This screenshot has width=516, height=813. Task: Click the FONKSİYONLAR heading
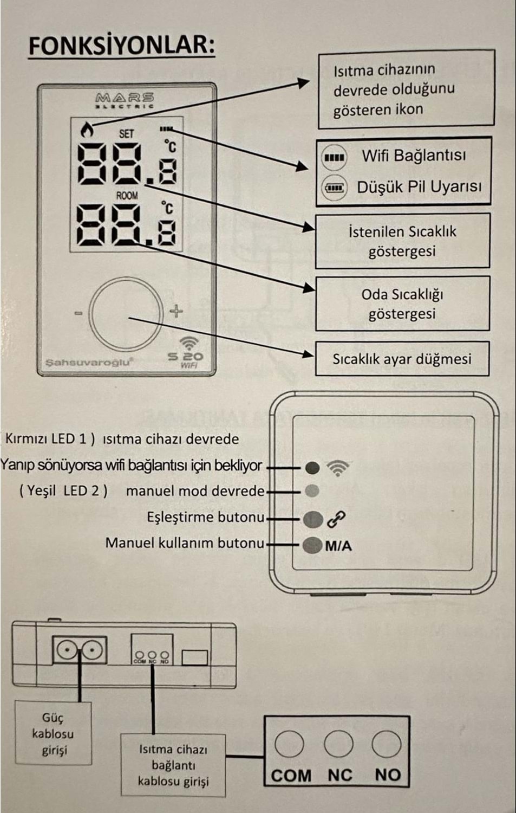[x=121, y=46]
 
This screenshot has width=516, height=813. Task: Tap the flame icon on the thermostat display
[x=86, y=130]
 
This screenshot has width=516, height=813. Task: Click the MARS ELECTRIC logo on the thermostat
[x=125, y=100]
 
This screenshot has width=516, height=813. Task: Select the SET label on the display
[x=126, y=133]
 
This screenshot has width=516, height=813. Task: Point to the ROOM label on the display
[x=127, y=195]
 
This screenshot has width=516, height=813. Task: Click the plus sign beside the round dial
[x=177, y=311]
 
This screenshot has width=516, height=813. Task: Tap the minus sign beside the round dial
[x=79, y=313]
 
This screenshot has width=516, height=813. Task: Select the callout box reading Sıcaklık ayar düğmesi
[x=402, y=359]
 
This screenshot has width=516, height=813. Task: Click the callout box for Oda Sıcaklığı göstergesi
[x=402, y=304]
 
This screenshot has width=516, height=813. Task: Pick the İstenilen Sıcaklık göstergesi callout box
[x=402, y=241]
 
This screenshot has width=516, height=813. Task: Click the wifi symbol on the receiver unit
[x=338, y=467]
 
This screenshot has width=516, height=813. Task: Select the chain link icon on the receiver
[x=336, y=519]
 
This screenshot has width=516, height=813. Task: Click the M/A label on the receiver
[x=338, y=546]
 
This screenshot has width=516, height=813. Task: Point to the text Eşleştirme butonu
[x=205, y=517]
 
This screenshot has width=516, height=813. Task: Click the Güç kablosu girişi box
[x=53, y=733]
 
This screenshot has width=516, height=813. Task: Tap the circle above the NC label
[x=338, y=744]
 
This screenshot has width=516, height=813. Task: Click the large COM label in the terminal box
[x=291, y=776]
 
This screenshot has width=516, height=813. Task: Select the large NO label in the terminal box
[x=388, y=775]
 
